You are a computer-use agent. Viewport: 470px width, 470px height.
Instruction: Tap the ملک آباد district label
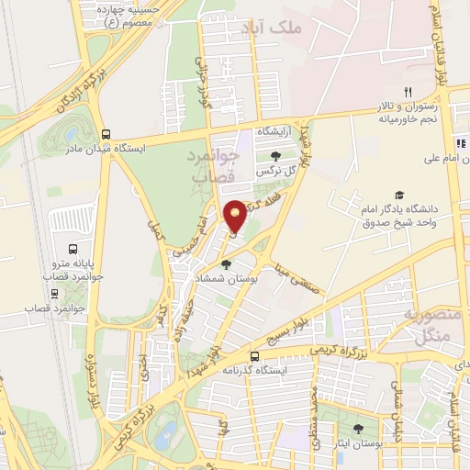[271, 29]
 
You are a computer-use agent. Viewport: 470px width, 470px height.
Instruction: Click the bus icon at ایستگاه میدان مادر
[106, 134]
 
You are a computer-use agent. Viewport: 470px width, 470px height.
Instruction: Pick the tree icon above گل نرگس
[275, 155]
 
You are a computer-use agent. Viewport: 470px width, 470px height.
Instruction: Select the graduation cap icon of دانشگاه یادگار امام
[399, 195]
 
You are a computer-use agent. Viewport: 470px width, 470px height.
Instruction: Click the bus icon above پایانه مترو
[73, 249]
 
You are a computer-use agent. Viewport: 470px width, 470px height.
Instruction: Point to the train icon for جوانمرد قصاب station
[56, 294]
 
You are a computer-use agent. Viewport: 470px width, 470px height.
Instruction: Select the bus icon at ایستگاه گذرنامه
[254, 356]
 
